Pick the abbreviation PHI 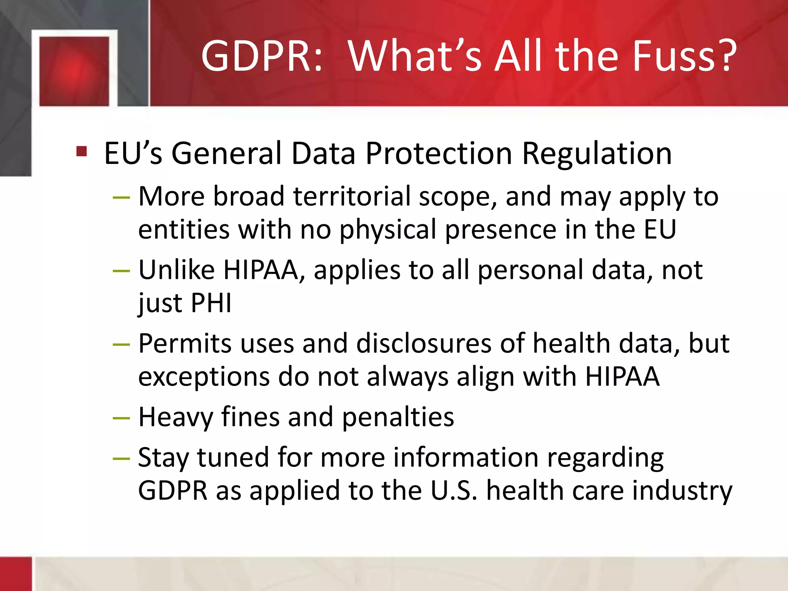211,303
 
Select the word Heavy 175,417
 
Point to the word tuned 233,457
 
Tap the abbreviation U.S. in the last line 454,491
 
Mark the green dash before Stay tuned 121,459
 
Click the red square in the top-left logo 74,71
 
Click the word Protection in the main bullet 439,154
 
